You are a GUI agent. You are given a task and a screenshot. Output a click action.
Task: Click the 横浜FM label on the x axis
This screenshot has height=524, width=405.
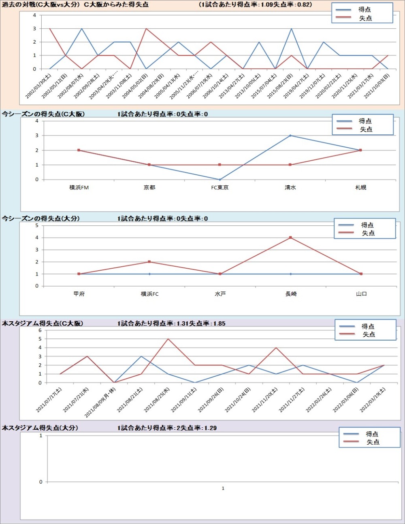coord(79,188)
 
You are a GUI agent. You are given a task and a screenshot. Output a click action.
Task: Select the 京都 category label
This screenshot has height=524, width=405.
coord(149,188)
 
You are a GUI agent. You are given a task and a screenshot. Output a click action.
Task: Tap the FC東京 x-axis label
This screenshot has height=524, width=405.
coord(220,188)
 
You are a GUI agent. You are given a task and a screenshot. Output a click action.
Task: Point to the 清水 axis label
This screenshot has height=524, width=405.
coord(290,188)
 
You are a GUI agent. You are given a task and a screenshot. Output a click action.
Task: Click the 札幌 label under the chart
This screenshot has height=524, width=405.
coord(360,188)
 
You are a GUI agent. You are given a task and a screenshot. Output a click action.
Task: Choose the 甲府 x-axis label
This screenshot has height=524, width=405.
coord(79,294)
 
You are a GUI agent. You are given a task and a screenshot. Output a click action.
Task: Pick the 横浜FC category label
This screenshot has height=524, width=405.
coord(149,294)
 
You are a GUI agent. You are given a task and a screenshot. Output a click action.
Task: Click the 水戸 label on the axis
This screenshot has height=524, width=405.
coord(220,294)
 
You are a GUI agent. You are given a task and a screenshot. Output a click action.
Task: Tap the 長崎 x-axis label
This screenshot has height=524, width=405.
coord(291,294)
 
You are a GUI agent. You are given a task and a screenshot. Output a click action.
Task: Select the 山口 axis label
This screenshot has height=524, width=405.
coord(361,294)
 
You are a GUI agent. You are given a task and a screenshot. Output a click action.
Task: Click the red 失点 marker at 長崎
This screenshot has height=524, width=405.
coord(290,238)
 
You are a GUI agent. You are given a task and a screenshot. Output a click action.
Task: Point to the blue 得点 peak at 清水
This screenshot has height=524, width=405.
coord(290,136)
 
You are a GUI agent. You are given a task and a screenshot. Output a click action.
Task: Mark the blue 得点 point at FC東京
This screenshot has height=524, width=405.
coord(220,180)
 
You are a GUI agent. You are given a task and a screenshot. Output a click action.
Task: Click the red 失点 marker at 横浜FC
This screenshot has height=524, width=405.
coord(149,262)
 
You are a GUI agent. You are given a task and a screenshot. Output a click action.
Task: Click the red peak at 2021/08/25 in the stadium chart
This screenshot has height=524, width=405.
coord(168,339)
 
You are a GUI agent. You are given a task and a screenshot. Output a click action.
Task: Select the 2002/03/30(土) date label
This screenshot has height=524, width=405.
coord(38,86)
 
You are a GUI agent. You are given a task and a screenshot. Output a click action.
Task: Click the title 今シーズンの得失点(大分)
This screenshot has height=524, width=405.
coord(41,219)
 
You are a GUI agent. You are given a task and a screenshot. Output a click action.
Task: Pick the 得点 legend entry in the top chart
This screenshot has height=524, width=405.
coord(364,9)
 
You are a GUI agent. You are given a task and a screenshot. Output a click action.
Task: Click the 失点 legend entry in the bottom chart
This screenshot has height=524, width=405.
coord(373,442)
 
